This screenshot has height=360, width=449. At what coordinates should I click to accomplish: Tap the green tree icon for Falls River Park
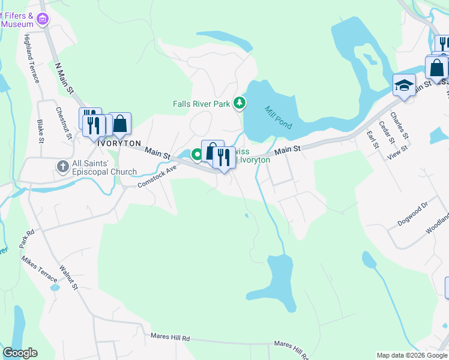240,103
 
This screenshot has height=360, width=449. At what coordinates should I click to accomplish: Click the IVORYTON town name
119,144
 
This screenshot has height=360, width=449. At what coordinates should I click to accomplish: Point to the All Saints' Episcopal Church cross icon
62,166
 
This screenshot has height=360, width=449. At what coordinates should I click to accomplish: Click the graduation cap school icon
405,85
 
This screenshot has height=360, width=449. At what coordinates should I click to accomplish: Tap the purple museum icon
43,19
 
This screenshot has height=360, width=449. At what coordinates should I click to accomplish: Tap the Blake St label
41,131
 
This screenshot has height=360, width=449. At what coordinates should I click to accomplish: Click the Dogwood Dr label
412,214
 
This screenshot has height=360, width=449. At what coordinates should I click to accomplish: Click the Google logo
20,353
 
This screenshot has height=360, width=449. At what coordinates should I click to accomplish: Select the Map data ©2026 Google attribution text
411,355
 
